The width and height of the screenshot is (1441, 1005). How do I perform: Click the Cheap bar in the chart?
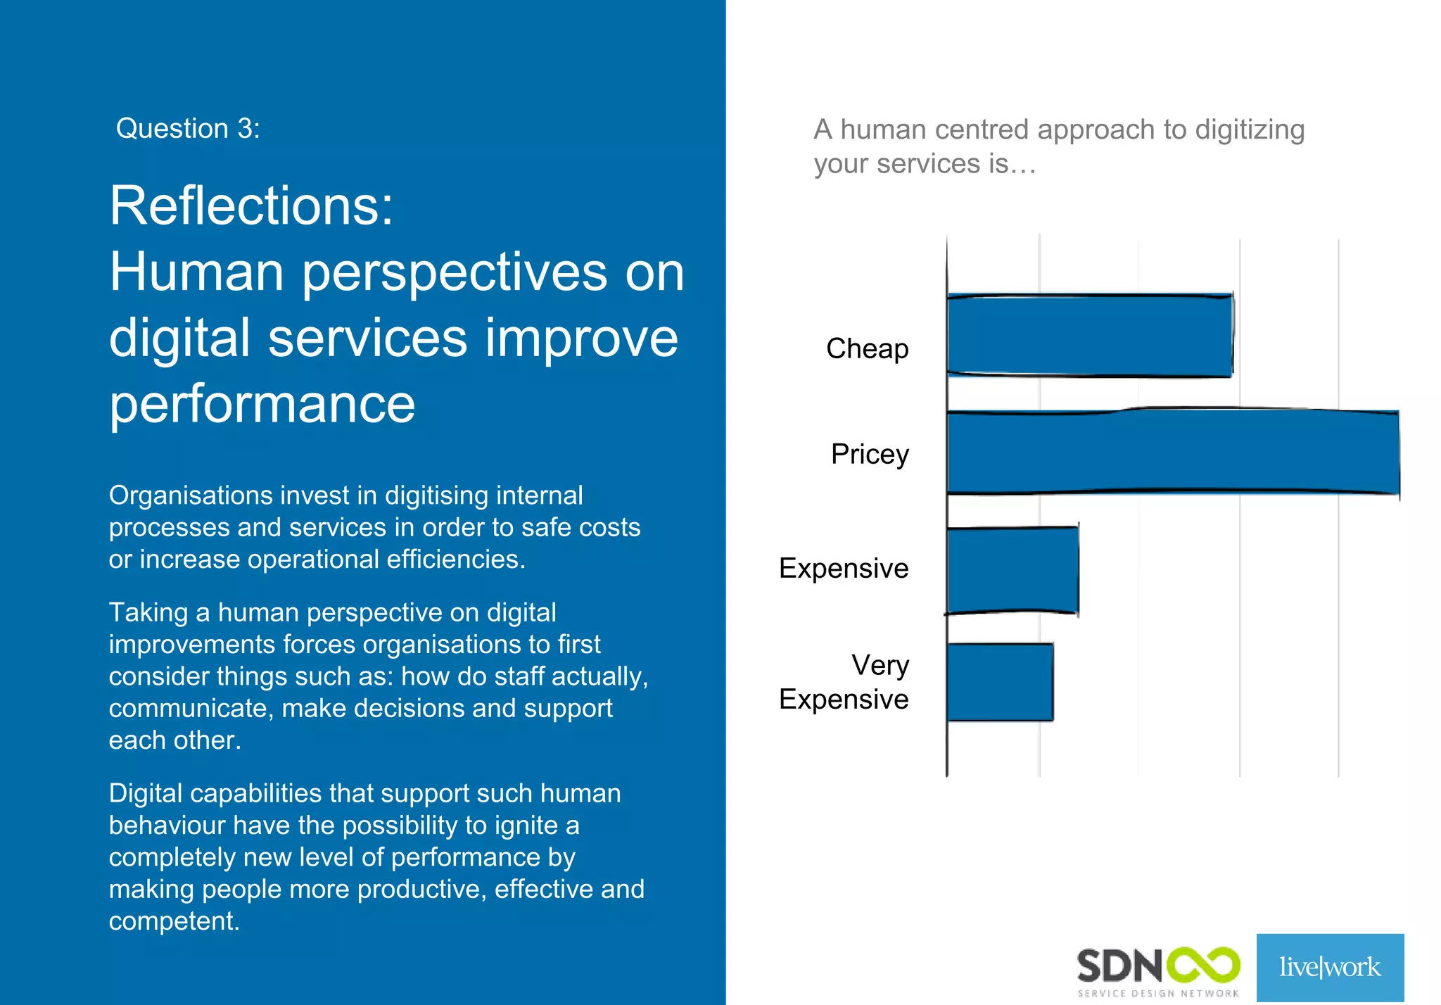click(1089, 336)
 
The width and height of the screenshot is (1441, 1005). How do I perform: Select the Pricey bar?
click(1172, 453)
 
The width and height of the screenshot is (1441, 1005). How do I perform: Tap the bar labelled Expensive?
click(1012, 570)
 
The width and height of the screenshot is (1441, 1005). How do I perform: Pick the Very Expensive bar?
click(1000, 682)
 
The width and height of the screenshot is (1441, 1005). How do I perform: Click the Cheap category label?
click(867, 349)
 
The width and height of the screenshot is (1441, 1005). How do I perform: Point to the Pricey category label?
click(870, 455)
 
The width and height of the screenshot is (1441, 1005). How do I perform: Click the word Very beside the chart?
click(880, 665)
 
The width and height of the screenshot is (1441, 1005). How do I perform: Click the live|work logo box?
click(1330, 967)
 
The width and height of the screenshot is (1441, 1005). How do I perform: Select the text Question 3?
click(188, 129)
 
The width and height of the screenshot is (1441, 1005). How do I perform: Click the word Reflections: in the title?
click(251, 206)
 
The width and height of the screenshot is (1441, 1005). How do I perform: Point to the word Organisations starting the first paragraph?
click(190, 495)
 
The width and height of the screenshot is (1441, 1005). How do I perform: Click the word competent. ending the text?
click(174, 921)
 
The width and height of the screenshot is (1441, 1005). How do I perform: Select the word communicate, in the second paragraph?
click(191, 708)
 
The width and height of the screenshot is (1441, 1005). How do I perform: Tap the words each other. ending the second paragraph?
click(174, 740)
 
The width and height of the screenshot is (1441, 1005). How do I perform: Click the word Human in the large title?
click(197, 272)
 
